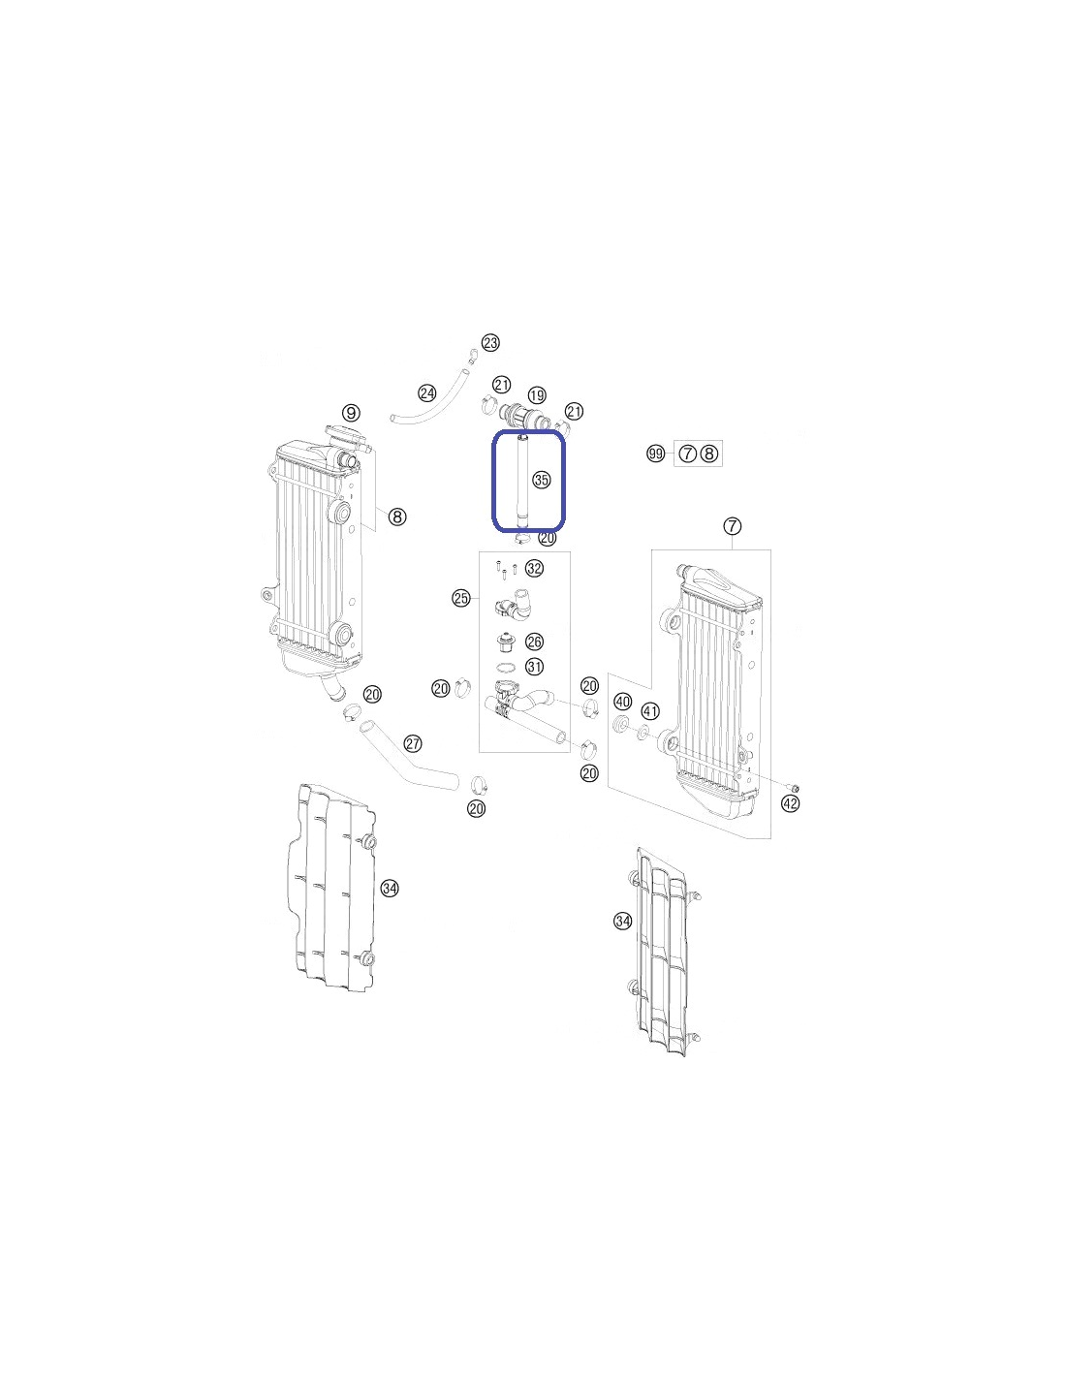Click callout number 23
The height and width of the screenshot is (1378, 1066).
[490, 343]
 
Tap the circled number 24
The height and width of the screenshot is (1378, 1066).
[427, 393]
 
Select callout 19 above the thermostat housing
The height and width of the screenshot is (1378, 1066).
[537, 396]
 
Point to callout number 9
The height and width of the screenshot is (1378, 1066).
[352, 413]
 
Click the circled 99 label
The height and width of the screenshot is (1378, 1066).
[656, 454]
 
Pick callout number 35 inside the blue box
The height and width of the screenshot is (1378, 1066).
[542, 480]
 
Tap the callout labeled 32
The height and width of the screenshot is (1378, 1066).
[535, 568]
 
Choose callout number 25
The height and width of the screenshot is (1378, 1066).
[461, 598]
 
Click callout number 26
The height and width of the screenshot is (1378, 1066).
[535, 642]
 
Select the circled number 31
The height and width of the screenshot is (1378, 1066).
[535, 667]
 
